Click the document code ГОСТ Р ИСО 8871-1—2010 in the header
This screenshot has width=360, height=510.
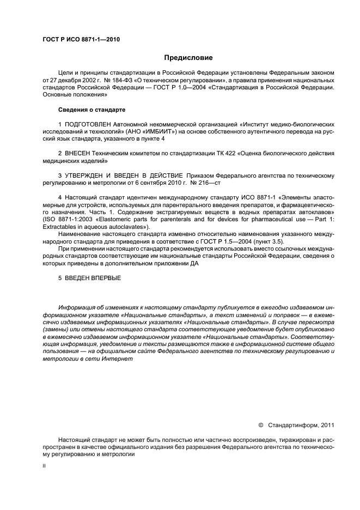[x=81, y=40]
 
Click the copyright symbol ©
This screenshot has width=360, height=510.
[x=260, y=424]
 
